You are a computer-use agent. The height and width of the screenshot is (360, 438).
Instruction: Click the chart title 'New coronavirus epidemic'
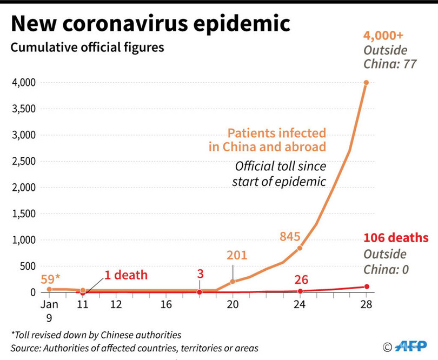click(150, 24)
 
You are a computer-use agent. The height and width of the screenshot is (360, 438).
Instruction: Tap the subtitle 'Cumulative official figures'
click(87, 48)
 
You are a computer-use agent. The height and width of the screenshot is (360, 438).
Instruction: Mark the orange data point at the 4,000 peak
click(366, 83)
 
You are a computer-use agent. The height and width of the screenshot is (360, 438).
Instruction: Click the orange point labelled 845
click(300, 248)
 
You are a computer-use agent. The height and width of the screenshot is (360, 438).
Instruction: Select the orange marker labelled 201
click(233, 282)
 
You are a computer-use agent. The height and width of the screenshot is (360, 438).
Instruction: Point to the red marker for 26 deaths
click(300, 291)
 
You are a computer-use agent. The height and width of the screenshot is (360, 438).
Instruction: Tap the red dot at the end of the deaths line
click(367, 286)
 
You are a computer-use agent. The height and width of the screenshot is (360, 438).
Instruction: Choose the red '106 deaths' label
click(396, 238)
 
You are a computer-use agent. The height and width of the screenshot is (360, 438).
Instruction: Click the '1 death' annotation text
click(125, 275)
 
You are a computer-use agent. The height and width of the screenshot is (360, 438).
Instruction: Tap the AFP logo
click(410, 346)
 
